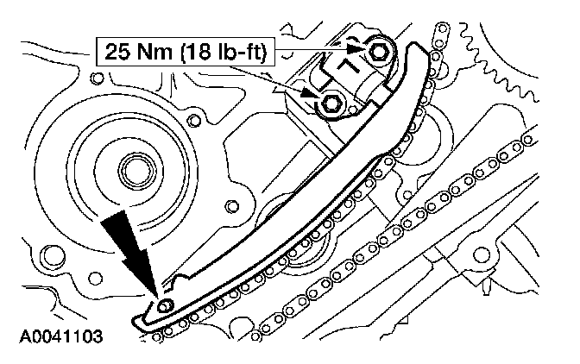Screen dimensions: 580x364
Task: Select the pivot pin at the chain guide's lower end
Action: (x=167, y=304)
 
